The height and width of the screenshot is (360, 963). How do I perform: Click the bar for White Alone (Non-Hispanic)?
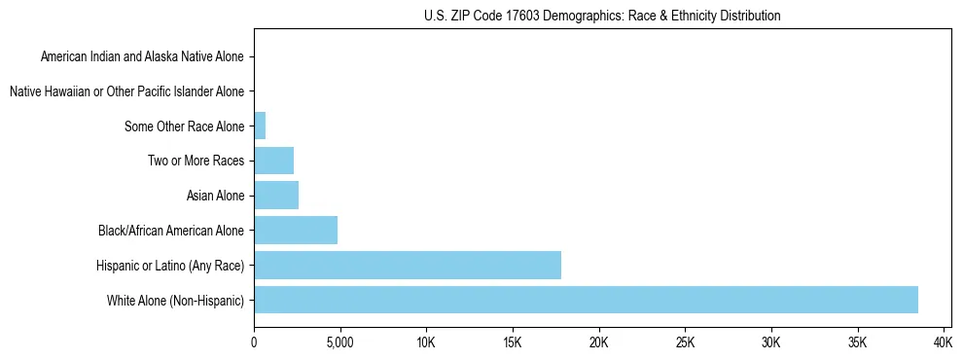point(586,300)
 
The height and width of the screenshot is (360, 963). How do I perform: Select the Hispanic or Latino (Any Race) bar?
point(408,265)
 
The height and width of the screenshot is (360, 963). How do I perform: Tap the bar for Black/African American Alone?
point(296,231)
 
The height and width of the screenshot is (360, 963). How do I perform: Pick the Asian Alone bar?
point(276,196)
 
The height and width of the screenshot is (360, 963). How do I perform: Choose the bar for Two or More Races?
point(273,161)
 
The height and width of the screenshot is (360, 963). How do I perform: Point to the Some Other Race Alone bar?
point(260,126)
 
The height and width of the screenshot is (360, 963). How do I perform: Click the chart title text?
point(602,16)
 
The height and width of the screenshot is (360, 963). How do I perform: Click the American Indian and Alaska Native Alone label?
point(142,57)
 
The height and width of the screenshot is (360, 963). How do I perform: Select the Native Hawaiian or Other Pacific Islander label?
point(126,91)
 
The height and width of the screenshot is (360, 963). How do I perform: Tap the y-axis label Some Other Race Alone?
point(185,126)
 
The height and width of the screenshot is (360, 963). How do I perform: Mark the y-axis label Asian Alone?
point(215,196)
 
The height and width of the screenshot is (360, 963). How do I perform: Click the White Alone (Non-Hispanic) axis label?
point(176,300)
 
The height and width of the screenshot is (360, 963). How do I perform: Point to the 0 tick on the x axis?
point(254,343)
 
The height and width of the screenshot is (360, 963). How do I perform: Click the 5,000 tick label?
point(339,343)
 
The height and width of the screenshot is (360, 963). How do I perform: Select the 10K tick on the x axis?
point(426,343)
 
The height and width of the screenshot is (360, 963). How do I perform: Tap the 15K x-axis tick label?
point(513,343)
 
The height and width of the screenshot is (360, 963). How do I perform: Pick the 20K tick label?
point(598,343)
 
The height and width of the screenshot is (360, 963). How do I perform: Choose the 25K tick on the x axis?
point(685,343)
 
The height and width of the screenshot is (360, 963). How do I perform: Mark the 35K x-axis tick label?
point(857,343)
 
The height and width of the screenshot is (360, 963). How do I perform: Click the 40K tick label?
point(943,343)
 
